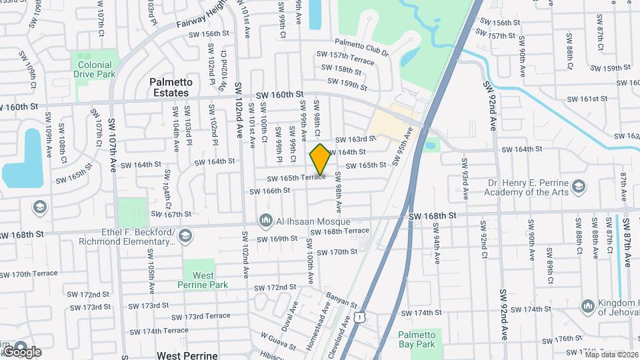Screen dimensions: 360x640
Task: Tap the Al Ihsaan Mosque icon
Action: click(x=266, y=219)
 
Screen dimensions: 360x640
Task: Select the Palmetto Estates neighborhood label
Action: click(x=171, y=87)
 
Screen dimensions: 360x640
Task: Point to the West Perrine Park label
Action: click(x=203, y=280)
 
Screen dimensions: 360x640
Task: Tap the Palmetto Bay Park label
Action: click(x=416, y=339)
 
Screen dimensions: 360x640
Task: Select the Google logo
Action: click(x=21, y=351)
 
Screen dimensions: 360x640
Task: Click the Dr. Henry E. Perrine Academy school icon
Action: click(x=579, y=185)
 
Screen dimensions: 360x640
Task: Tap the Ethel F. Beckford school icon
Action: click(x=185, y=235)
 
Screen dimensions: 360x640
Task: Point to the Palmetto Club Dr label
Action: click(x=361, y=46)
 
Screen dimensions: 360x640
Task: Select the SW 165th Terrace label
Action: click(x=296, y=178)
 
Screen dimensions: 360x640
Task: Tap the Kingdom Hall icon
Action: click(x=588, y=305)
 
